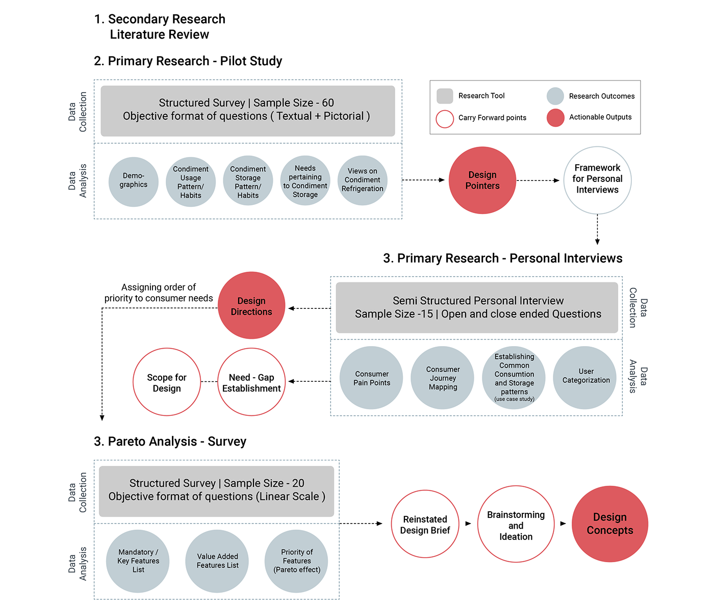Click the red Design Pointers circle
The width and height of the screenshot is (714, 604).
(482, 180)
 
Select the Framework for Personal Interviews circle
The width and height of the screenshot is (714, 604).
(597, 180)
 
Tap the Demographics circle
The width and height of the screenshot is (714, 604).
(134, 181)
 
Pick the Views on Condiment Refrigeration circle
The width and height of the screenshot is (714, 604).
(363, 180)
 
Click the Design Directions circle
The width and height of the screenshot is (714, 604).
(251, 305)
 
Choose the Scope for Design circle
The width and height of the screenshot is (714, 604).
(167, 382)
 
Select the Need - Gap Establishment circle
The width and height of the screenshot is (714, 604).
(251, 382)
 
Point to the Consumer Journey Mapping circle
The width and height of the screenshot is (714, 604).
(443, 378)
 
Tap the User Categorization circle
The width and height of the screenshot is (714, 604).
(585, 377)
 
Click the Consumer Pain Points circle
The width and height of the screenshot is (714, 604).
(372, 378)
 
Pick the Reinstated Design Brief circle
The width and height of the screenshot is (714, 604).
(425, 524)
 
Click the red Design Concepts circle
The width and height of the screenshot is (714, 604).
(609, 524)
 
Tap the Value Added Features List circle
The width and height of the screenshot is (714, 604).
(217, 561)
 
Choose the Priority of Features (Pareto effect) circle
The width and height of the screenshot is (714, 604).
(297, 561)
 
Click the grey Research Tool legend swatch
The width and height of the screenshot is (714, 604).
(445, 96)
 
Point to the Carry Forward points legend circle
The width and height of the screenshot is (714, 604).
(445, 119)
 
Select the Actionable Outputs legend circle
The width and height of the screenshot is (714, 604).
(555, 118)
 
